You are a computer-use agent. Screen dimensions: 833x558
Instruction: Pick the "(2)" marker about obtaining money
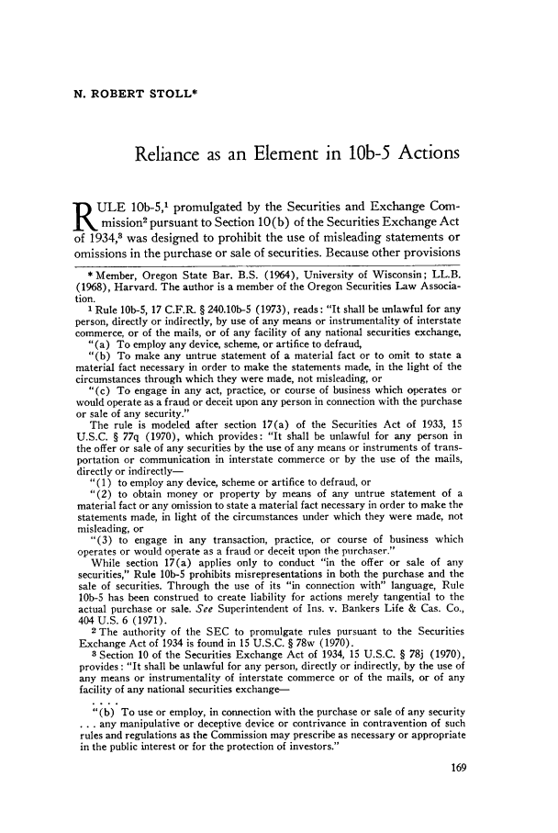(x=95, y=545)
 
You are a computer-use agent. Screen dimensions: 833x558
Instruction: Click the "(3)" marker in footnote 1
(x=95, y=580)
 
